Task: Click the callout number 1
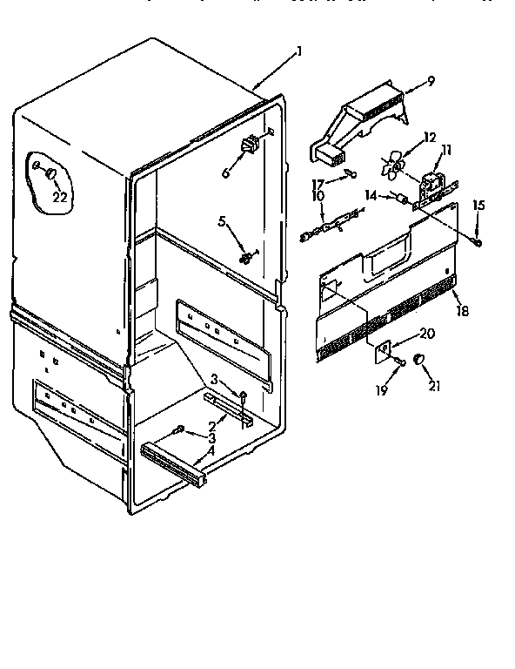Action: [300, 51]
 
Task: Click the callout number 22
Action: [59, 197]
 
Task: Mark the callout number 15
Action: [478, 206]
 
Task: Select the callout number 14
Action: [369, 197]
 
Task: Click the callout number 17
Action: [318, 183]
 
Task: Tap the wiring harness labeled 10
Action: [331, 224]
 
